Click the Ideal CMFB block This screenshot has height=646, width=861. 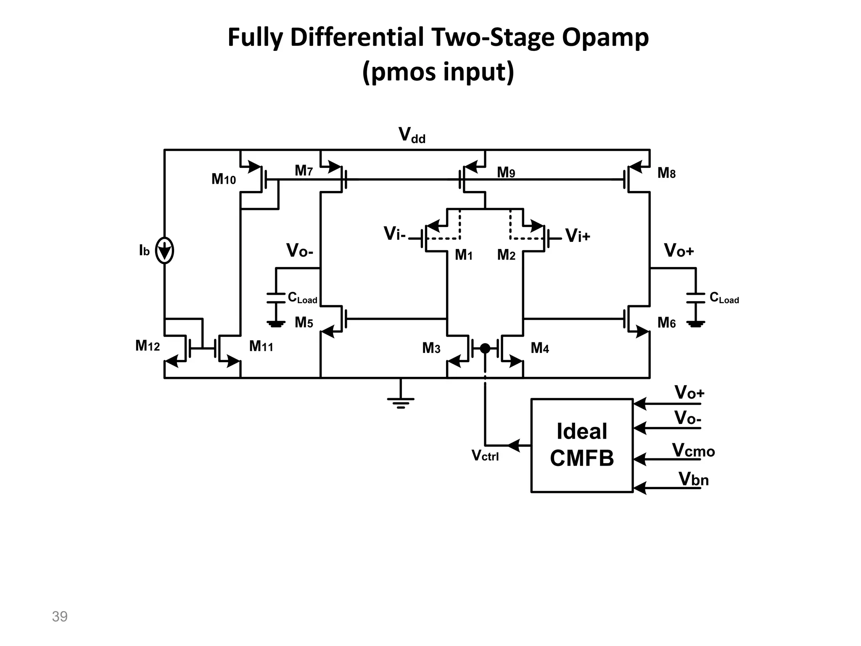pos(582,445)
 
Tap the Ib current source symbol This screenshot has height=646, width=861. pos(164,251)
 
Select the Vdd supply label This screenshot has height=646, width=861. pos(412,135)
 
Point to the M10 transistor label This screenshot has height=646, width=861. pos(224,180)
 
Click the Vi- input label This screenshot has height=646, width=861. pos(394,234)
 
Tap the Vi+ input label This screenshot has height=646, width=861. pos(578,236)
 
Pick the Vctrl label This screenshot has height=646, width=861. pos(485,456)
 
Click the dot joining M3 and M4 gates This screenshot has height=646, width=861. pos(485,348)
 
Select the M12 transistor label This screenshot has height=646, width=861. pos(148,346)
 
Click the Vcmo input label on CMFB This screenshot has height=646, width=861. pos(693,451)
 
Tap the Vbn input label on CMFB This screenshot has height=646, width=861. pos(694,479)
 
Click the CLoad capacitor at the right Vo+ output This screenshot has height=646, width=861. pos(696,298)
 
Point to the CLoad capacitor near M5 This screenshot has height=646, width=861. pos(276,298)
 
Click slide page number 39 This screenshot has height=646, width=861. pos(60,617)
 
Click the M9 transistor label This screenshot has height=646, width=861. pos(506,172)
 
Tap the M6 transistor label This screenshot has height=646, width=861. pos(666,323)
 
